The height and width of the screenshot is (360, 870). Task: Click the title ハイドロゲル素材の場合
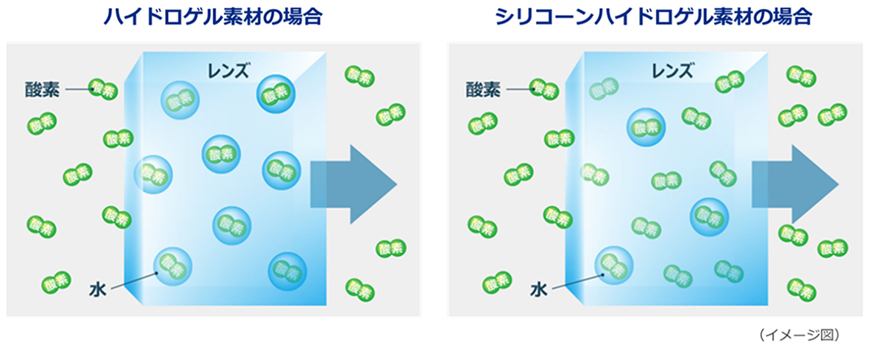(213, 16)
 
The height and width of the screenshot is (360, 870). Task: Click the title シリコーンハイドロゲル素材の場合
(654, 16)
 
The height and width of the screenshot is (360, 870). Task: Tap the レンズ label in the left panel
(228, 71)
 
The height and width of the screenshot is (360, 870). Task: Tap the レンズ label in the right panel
(672, 71)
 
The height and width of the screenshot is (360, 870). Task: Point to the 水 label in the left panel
(97, 289)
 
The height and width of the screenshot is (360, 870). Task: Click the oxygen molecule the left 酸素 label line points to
(103, 89)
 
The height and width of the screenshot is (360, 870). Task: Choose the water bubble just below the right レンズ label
(645, 127)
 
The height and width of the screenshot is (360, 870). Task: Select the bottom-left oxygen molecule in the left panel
(55, 283)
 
